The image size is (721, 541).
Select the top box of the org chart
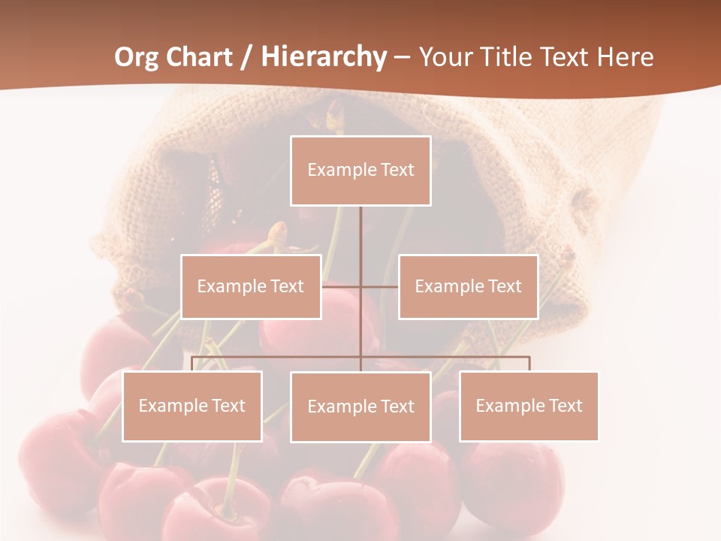(x=360, y=171)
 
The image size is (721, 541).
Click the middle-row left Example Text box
(x=251, y=286)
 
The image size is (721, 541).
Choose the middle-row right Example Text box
(x=468, y=286)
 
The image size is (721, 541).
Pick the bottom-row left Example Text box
(x=192, y=407)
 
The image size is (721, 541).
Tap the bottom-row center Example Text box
(x=360, y=407)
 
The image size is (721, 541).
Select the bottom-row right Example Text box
(x=529, y=407)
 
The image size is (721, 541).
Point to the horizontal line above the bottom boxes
(x=451, y=357)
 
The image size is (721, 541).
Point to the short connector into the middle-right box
(x=380, y=286)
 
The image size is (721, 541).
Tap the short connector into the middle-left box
(x=341, y=286)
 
